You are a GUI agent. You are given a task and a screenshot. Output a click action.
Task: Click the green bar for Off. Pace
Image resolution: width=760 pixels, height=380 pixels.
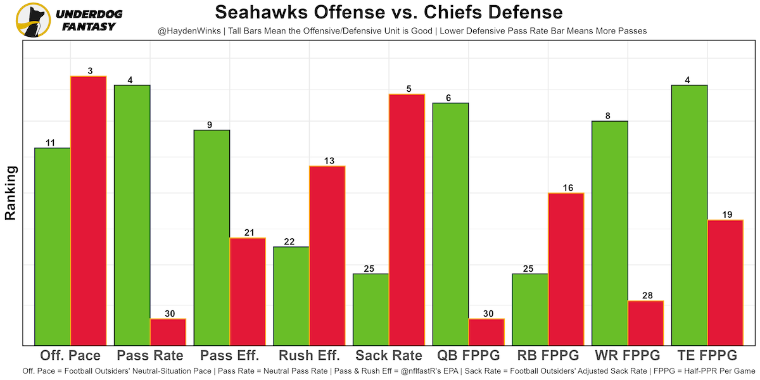point(53,246)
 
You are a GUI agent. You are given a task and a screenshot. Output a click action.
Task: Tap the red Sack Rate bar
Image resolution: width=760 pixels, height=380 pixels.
point(407,219)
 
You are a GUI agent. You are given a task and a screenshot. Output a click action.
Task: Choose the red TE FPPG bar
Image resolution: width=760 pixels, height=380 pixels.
point(725,282)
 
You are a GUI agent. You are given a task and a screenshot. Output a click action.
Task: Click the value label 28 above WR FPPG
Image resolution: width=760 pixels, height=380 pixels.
point(645,296)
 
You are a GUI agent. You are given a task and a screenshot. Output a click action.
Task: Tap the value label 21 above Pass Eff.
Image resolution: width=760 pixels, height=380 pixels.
point(248,233)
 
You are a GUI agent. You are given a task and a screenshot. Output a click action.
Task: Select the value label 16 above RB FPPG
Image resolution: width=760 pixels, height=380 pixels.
point(566,188)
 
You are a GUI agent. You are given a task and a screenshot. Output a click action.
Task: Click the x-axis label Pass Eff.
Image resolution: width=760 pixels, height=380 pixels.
point(230,355)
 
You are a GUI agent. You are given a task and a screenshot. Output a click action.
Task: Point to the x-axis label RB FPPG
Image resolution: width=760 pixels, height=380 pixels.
point(548,355)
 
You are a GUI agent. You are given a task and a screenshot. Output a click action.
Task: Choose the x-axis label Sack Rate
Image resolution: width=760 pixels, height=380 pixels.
point(389,355)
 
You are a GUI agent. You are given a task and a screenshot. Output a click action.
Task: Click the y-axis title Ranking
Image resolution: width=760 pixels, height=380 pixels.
point(11,193)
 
